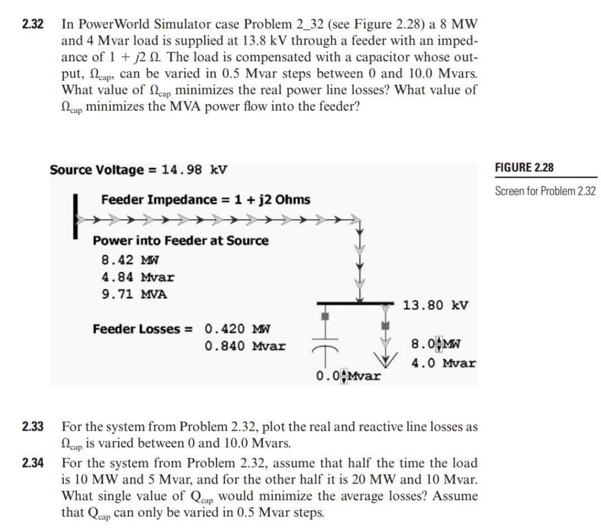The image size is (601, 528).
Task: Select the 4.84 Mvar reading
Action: click(138, 277)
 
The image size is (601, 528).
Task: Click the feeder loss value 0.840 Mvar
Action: click(245, 346)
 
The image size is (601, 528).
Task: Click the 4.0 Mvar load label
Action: click(444, 363)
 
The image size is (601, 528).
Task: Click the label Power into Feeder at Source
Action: click(180, 241)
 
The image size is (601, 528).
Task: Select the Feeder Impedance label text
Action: click(206, 200)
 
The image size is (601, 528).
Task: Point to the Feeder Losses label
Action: click(142, 329)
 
